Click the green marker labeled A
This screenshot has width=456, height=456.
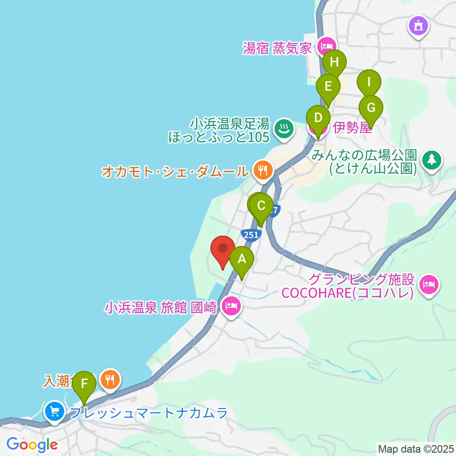[x=242, y=259]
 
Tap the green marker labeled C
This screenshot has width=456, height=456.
[x=261, y=206]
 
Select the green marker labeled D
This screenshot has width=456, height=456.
[x=318, y=117]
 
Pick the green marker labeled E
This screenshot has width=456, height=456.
[x=328, y=87]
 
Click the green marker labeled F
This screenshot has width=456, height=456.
[x=85, y=383]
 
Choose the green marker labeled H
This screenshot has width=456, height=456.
[x=335, y=62]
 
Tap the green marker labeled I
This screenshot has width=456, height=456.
[x=369, y=81]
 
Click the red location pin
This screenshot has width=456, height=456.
[x=223, y=248]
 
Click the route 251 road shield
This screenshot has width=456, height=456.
[x=250, y=234]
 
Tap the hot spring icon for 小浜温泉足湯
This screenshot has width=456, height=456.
[x=284, y=128]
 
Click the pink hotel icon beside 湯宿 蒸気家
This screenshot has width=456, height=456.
[x=325, y=46]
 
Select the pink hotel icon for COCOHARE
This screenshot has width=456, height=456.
[x=430, y=285]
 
